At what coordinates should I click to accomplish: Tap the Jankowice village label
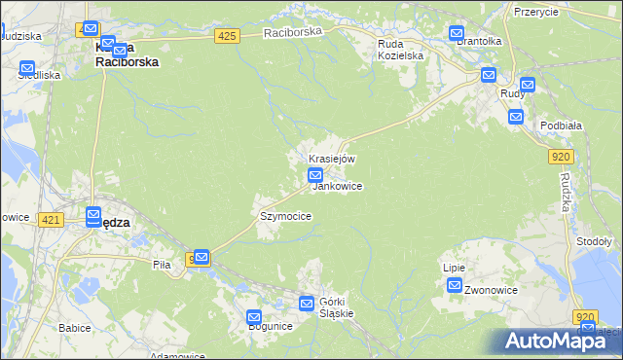[x=337, y=185]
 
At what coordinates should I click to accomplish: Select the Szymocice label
[x=285, y=216]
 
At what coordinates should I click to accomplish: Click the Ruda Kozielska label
[x=401, y=50]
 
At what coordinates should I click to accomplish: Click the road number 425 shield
[x=227, y=36]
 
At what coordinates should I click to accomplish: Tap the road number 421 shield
[x=52, y=221]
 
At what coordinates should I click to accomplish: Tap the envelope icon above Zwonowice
[x=455, y=284]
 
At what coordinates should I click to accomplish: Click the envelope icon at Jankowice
[x=315, y=175]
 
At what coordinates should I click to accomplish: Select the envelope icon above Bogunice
[x=254, y=316]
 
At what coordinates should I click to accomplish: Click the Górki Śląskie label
[x=336, y=307]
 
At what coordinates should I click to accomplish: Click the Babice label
[x=74, y=328]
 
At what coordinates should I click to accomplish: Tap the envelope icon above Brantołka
[x=458, y=33]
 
